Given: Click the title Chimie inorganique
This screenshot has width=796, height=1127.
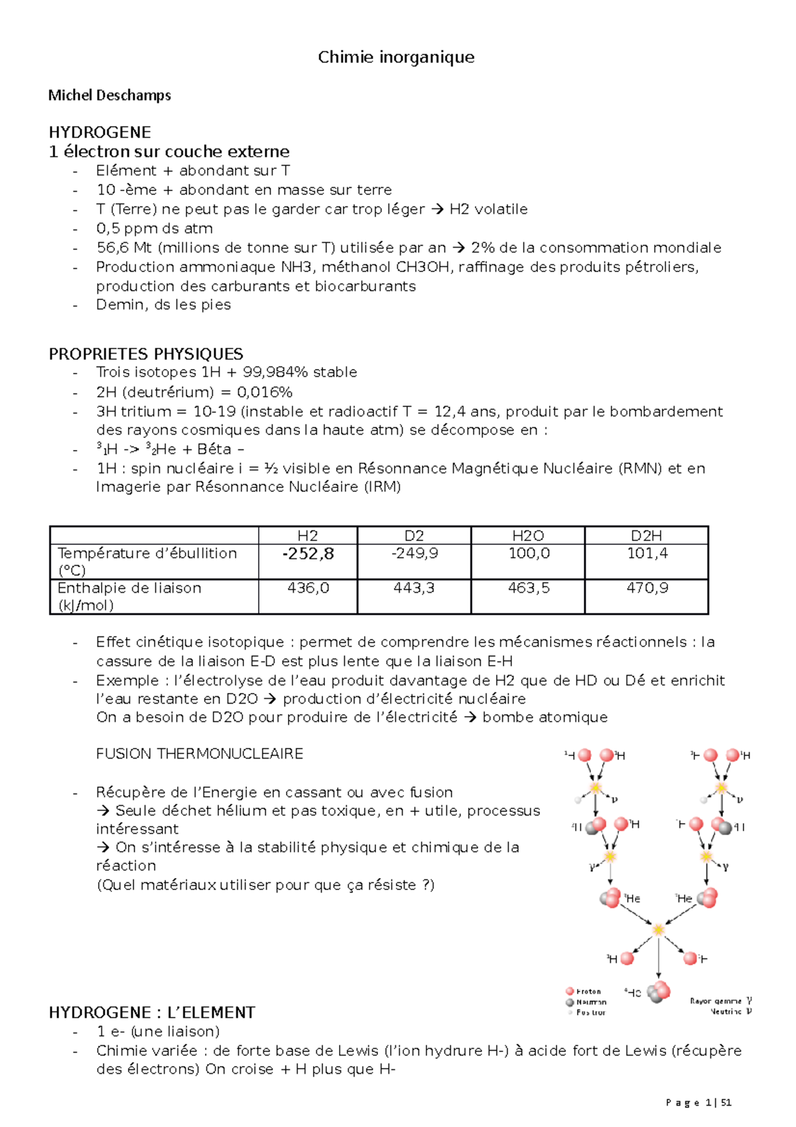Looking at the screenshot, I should (396, 57).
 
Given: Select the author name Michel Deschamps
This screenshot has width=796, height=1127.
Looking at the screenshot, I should (109, 95).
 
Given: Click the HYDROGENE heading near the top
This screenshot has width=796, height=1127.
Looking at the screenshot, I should (99, 132).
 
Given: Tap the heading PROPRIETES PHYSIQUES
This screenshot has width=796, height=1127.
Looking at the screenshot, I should (146, 354).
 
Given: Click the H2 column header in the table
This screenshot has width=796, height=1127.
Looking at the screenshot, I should (307, 536).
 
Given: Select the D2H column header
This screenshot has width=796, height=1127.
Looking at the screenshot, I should (646, 536).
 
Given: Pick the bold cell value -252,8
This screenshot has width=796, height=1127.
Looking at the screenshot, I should (308, 554).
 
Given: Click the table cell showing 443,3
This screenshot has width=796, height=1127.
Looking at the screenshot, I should (413, 588).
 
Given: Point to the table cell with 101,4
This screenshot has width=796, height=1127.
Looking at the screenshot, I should (647, 554).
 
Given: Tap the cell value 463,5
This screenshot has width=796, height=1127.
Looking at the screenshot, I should (528, 588).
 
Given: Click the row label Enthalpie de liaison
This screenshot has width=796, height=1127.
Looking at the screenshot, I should (129, 588).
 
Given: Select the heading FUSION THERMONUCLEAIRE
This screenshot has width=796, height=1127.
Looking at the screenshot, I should (200, 754).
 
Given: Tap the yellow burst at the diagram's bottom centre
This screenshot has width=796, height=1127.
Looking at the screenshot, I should (658, 930).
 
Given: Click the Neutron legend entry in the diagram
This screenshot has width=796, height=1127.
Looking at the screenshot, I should (590, 1002).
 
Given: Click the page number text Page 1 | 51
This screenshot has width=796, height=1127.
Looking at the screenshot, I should (698, 1102).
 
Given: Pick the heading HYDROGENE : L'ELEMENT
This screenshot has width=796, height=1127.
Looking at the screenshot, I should (152, 1013).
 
